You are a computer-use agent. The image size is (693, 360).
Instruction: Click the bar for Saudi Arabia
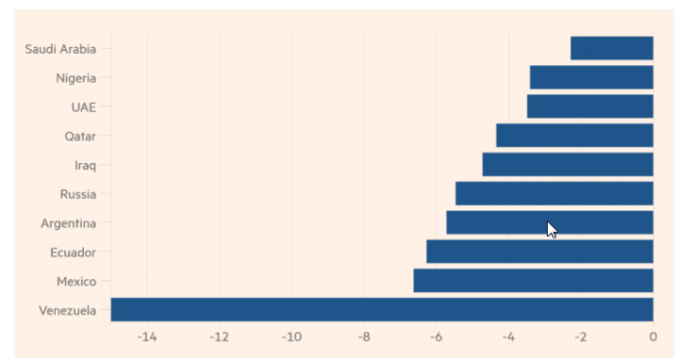pyautogui.click(x=612, y=48)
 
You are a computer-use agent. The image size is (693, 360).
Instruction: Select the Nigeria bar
pyautogui.click(x=591, y=77)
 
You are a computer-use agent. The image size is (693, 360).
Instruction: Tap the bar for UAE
pyautogui.click(x=590, y=106)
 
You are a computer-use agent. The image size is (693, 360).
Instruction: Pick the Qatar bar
pyautogui.click(x=574, y=135)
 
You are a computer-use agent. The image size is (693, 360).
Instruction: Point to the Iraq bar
pyautogui.click(x=568, y=164)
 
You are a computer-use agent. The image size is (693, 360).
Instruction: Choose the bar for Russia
pyautogui.click(x=554, y=193)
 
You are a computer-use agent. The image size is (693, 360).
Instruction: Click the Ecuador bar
pyautogui.click(x=539, y=252)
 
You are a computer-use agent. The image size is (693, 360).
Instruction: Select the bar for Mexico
pyautogui.click(x=534, y=281)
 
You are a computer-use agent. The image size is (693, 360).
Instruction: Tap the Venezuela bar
pyautogui.click(x=382, y=310)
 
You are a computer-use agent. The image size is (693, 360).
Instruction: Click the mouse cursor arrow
pyautogui.click(x=552, y=230)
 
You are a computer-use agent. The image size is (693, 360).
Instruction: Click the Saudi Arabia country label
pyautogui.click(x=60, y=49)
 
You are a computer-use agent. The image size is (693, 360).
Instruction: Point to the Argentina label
pyautogui.click(x=69, y=223)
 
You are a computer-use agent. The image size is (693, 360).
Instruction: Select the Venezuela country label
pyautogui.click(x=68, y=311)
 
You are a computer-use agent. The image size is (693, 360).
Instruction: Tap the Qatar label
pyautogui.click(x=80, y=137)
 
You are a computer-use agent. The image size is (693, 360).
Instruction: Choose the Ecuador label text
pyautogui.click(x=74, y=253)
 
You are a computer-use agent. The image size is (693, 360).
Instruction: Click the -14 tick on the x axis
pyautogui.click(x=147, y=337)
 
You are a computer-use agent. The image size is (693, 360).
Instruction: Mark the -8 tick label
pyautogui.click(x=364, y=337)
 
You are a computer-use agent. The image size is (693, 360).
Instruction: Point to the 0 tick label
pyautogui.click(x=653, y=337)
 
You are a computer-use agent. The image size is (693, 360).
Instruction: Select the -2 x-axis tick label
pyautogui.click(x=581, y=337)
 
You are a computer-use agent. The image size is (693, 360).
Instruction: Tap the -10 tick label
pyautogui.click(x=291, y=337)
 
